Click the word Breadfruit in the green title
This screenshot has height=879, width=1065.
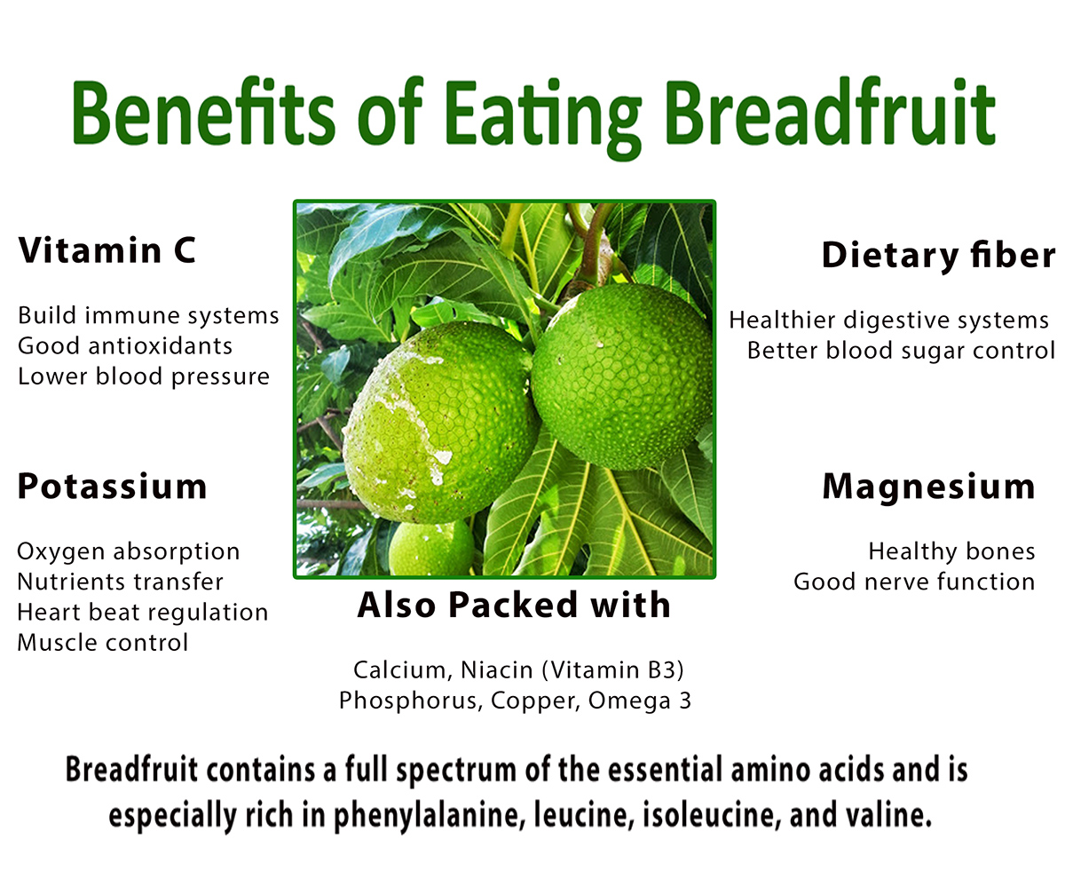tap(831, 111)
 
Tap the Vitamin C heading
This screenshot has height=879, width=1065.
tap(107, 250)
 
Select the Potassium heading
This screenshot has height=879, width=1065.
tap(112, 486)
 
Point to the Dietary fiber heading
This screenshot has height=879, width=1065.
tap(938, 255)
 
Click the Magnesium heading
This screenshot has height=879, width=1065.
tap(929, 487)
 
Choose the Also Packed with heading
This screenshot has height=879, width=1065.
tap(514, 605)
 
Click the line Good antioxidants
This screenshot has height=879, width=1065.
tap(125, 346)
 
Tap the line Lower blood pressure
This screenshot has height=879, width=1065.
tap(143, 377)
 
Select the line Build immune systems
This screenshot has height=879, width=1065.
tap(148, 316)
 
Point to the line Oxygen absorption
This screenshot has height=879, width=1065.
tap(128, 551)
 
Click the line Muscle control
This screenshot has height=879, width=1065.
tap(103, 643)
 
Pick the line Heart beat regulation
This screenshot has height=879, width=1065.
tap(142, 613)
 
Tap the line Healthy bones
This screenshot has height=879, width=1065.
tap(951, 551)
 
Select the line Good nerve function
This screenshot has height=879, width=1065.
tap(914, 582)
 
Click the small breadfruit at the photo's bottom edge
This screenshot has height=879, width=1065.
tap(431, 549)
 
